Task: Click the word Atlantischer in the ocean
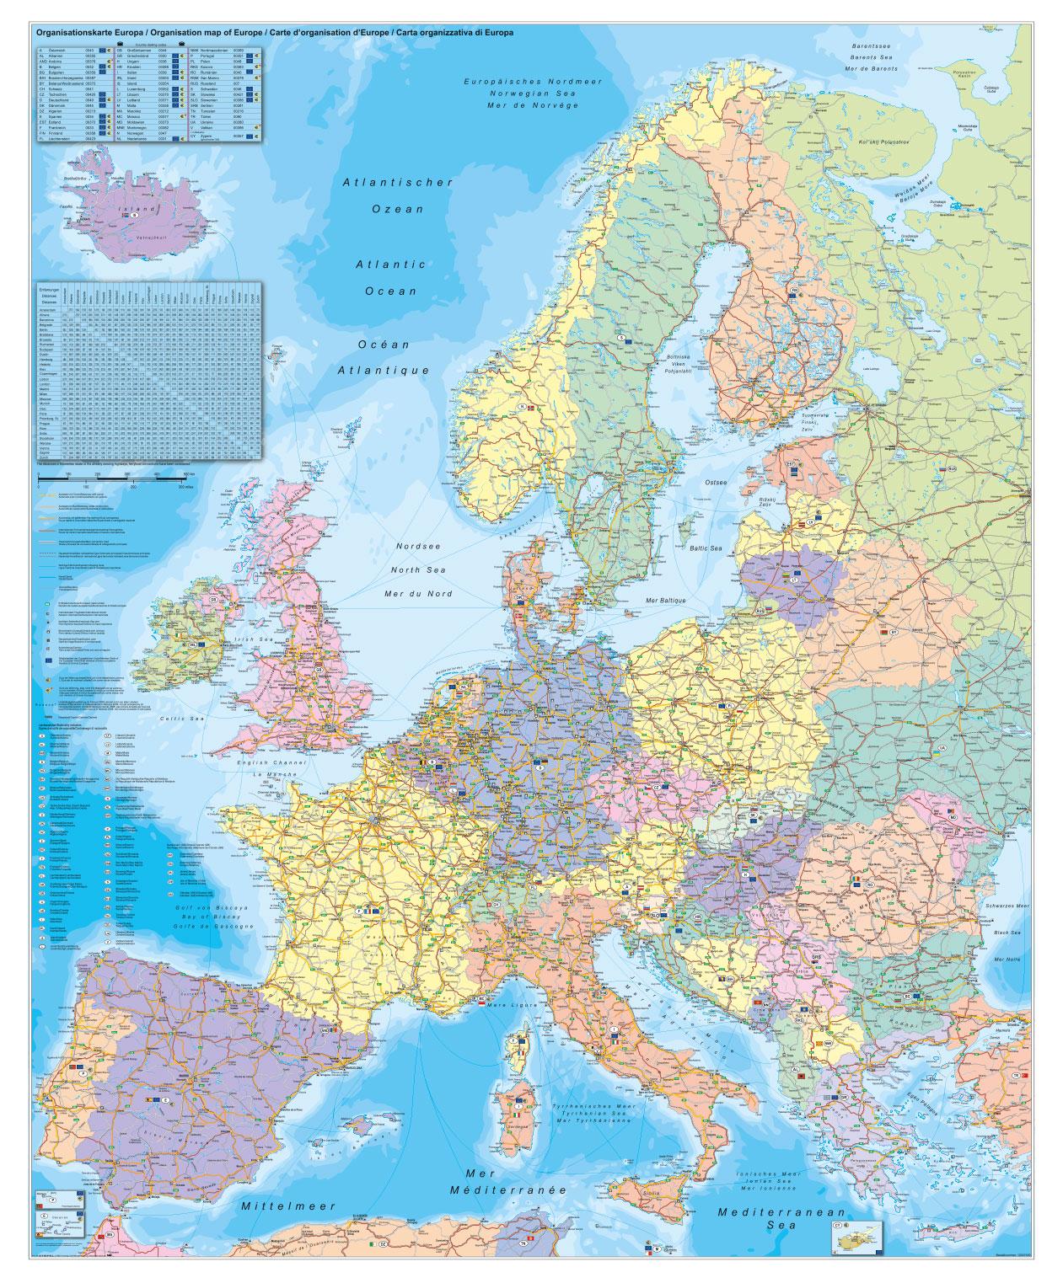click(399, 182)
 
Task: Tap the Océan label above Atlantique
click(384, 345)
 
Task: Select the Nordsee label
click(419, 546)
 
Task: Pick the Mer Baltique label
click(663, 600)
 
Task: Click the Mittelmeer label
click(288, 1206)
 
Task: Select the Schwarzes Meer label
click(1012, 905)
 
